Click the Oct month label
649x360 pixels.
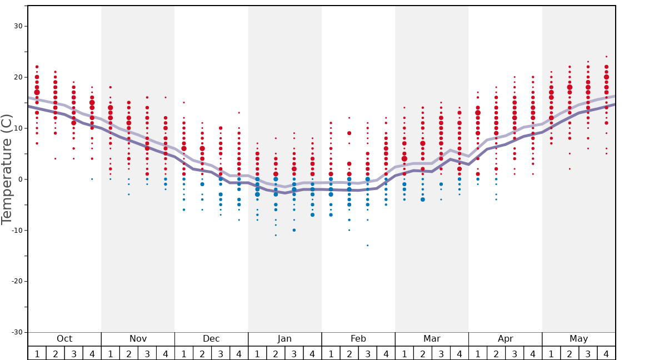[64, 339]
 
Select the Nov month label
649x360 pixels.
[138, 339]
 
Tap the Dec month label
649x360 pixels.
[211, 339]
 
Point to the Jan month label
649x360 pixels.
[284, 339]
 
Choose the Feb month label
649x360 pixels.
[358, 339]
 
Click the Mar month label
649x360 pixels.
[432, 339]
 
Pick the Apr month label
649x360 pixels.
[505, 339]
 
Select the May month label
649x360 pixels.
[578, 339]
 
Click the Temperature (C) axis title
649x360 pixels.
[7, 169]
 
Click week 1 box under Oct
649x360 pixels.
[37, 353]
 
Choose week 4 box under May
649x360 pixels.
[606, 353]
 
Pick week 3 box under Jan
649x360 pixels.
[294, 353]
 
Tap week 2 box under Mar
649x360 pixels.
[423, 353]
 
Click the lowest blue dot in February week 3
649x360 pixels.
[367, 246]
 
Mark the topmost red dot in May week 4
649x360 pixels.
[606, 57]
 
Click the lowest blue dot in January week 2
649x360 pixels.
[276, 235]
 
